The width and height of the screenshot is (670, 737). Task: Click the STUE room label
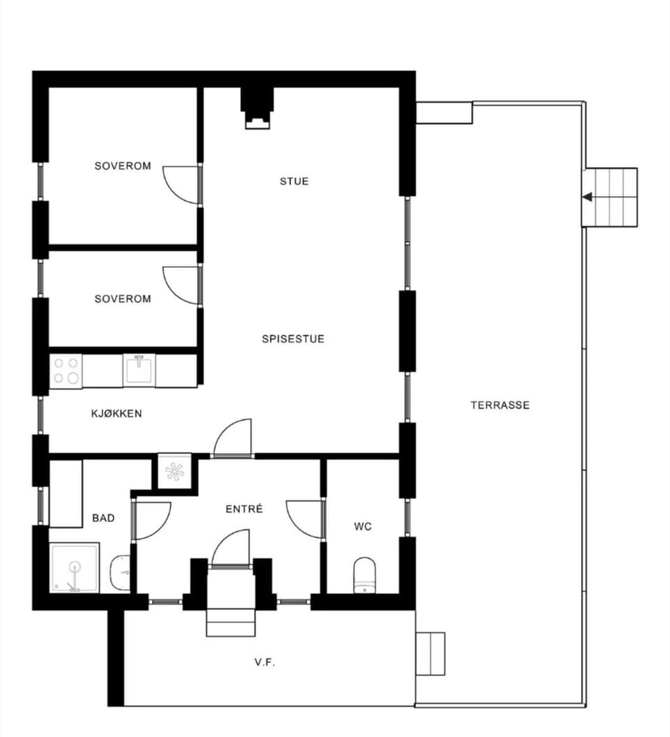(294, 181)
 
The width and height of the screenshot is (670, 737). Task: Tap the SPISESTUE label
(293, 339)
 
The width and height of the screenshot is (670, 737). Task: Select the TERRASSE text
(500, 405)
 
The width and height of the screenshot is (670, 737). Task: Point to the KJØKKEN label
(117, 414)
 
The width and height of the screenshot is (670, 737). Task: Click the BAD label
(103, 518)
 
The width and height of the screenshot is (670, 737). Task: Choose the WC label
(363, 527)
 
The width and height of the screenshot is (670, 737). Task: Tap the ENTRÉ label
(244, 509)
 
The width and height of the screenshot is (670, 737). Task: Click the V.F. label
(265, 662)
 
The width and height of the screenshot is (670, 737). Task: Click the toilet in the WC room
(364, 575)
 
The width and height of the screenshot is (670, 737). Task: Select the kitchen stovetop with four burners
(66, 371)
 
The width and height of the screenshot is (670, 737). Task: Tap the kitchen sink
(139, 370)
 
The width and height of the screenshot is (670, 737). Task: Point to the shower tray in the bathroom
(74, 568)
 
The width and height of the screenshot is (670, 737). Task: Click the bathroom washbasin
(120, 573)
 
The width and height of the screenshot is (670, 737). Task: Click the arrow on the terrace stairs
(587, 197)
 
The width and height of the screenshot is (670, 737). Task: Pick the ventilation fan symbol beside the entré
(174, 471)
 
